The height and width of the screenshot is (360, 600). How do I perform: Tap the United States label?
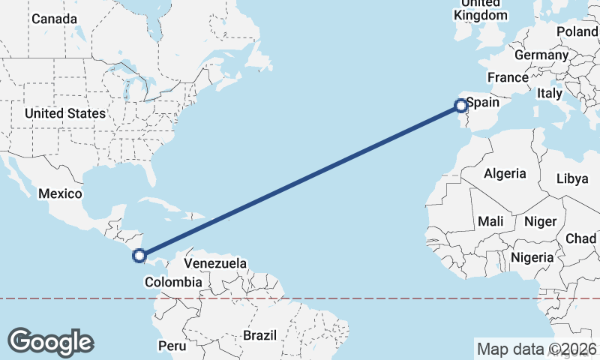(x=64, y=113)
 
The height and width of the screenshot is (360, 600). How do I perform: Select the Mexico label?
(x=60, y=193)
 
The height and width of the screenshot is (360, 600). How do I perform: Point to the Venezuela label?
(x=215, y=264)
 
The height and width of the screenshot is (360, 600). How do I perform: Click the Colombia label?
(x=173, y=282)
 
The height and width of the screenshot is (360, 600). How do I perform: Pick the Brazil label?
(x=259, y=334)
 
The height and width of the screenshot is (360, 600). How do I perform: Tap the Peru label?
(x=172, y=346)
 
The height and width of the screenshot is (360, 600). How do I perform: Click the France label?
(x=508, y=77)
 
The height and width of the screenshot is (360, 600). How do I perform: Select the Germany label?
(x=541, y=55)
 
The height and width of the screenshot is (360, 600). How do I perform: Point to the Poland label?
(x=577, y=31)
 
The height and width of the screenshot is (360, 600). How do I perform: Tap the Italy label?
(x=549, y=94)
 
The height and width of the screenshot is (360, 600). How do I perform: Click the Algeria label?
(x=505, y=173)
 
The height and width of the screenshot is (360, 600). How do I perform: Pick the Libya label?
(x=572, y=178)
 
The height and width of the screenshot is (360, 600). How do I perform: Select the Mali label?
(x=490, y=221)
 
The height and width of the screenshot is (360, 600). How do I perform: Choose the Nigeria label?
(x=532, y=257)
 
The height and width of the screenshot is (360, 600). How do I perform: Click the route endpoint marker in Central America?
(x=139, y=256)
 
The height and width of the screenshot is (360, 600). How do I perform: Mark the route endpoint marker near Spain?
(x=460, y=106)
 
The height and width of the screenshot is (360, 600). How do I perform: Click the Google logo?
(x=51, y=341)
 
